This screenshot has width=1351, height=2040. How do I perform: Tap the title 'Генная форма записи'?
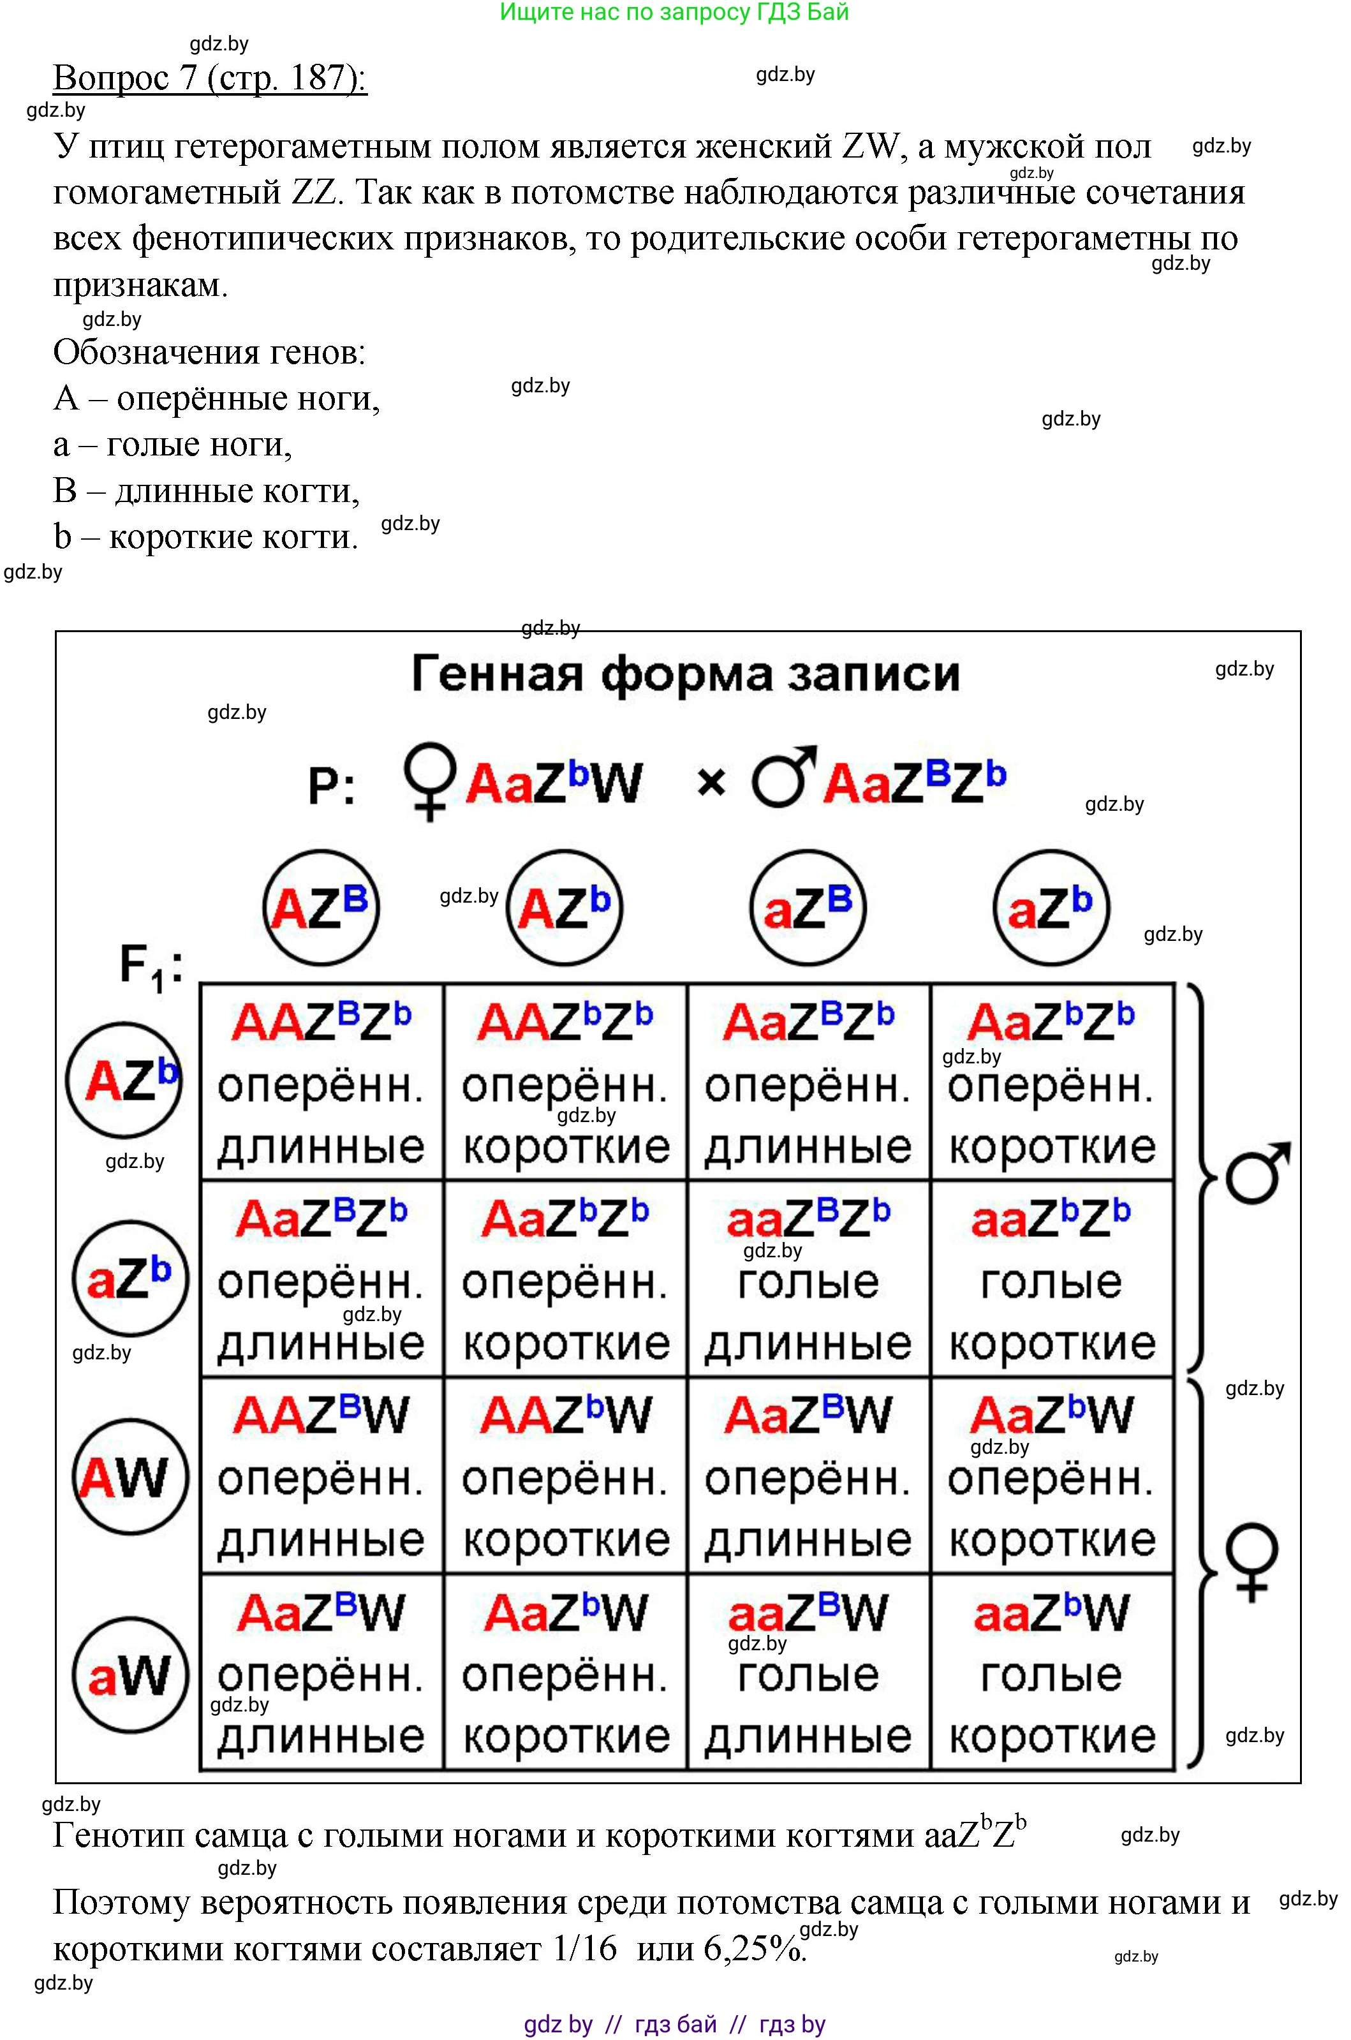[685, 674]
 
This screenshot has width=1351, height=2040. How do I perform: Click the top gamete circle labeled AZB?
[320, 907]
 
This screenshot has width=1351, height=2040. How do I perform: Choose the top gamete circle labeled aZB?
[808, 907]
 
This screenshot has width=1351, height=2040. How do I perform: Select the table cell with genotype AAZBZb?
[321, 1082]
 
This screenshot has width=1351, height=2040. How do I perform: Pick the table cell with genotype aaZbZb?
[1052, 1278]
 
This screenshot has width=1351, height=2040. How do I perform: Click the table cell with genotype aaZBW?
[808, 1673]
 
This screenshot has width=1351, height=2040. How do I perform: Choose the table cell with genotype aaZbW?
[1052, 1673]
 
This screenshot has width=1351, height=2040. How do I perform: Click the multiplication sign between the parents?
[711, 783]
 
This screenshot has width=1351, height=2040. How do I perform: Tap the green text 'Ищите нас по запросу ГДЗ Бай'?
[675, 12]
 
